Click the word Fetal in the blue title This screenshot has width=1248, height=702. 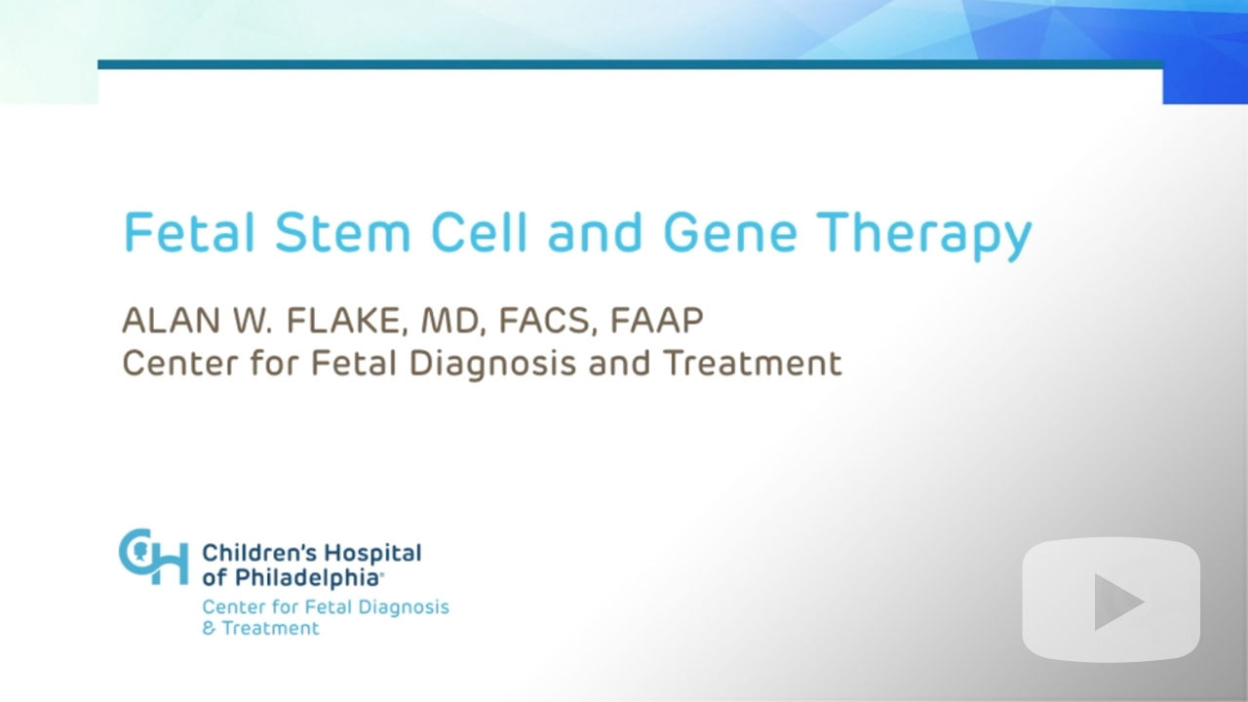point(189,232)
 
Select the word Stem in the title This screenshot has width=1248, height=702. point(342,232)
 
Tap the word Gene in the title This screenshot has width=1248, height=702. point(730,232)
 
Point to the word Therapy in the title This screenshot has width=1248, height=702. point(924,236)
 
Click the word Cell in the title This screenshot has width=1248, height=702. point(479,232)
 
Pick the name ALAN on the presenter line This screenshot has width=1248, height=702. point(171,321)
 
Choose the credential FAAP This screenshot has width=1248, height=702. point(657,321)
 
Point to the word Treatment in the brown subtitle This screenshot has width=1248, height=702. point(753,363)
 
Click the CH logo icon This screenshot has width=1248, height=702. point(154,557)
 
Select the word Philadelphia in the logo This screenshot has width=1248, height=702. point(307,578)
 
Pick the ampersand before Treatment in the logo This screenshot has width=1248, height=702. point(209,629)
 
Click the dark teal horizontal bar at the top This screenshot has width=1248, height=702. point(630,64)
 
